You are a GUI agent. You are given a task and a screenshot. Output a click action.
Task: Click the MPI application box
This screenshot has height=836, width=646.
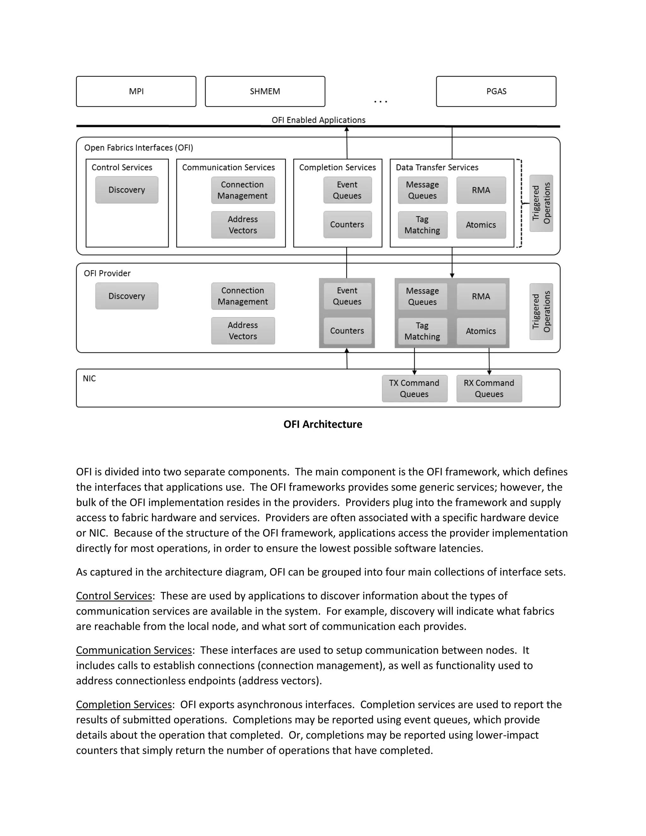click(136, 91)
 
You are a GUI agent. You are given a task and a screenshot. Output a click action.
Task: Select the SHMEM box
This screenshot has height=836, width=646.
click(265, 91)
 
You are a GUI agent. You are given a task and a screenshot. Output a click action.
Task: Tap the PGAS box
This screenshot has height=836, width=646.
click(496, 91)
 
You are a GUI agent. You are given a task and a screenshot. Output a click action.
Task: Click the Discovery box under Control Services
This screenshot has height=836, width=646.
click(127, 190)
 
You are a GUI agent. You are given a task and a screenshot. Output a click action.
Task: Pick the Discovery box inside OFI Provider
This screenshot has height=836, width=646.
click(127, 296)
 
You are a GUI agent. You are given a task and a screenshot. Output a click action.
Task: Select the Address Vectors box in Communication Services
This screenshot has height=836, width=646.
click(243, 225)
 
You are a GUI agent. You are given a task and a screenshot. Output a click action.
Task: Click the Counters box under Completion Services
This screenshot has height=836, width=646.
click(347, 225)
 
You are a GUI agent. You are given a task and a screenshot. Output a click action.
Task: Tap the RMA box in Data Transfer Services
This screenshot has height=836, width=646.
click(481, 190)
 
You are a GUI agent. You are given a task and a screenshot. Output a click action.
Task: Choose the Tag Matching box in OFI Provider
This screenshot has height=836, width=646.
click(422, 331)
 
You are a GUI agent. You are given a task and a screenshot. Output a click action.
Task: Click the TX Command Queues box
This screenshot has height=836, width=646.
click(414, 389)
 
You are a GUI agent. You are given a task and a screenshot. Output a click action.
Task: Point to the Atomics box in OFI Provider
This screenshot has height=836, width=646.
click(481, 331)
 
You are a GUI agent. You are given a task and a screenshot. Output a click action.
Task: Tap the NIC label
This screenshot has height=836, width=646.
click(90, 379)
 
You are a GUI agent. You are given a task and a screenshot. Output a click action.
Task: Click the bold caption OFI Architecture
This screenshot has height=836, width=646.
click(323, 424)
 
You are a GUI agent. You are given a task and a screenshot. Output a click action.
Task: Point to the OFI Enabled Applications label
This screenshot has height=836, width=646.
click(318, 120)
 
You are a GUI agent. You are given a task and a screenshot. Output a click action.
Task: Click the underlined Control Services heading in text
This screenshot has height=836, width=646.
click(114, 596)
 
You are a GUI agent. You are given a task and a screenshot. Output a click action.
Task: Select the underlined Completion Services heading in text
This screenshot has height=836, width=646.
click(124, 705)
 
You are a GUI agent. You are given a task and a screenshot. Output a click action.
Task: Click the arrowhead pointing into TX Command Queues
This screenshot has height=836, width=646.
click(414, 373)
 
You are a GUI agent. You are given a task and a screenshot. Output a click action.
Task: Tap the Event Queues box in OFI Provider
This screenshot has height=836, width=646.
click(347, 296)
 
